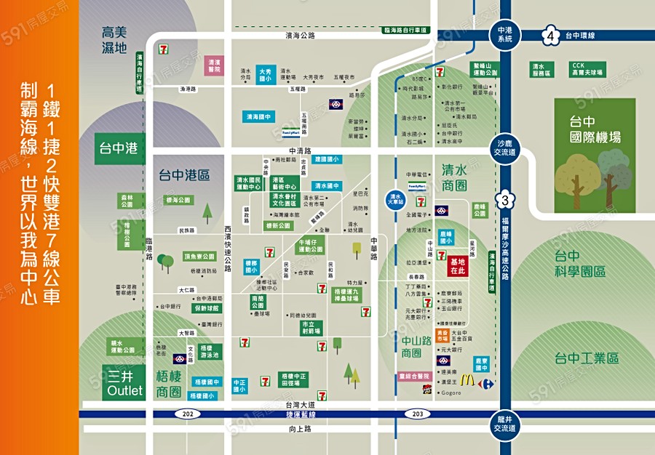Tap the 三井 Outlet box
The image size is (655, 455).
[x=124, y=384]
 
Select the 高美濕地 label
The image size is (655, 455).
[x=114, y=40]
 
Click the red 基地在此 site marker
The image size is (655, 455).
[x=458, y=265]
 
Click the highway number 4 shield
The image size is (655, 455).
[x=551, y=36]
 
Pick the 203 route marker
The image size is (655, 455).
[x=417, y=414]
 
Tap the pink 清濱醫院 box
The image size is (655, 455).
[x=213, y=65]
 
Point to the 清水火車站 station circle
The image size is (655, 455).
[x=396, y=199]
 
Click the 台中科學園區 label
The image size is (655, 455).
[x=579, y=263]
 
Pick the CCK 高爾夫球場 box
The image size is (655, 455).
[x=587, y=69]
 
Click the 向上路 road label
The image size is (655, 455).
[x=300, y=429]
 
